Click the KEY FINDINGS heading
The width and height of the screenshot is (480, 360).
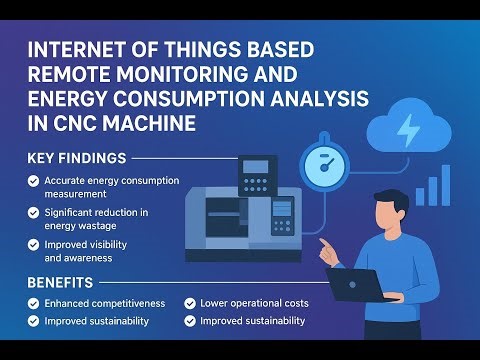coord(76,158)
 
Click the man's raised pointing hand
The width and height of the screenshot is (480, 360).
coord(325,247)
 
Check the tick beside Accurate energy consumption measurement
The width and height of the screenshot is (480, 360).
coord(34,181)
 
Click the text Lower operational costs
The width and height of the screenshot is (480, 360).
coord(254,303)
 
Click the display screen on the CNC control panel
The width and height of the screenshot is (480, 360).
coord(258,166)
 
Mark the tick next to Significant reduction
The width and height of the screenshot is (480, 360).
coord(34,212)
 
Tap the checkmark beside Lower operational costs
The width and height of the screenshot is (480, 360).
coord(190,303)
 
